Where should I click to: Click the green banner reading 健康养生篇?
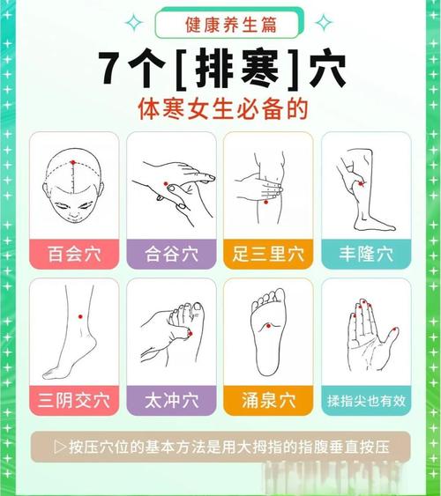click(220, 24)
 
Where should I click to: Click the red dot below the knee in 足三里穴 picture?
click(265, 202)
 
